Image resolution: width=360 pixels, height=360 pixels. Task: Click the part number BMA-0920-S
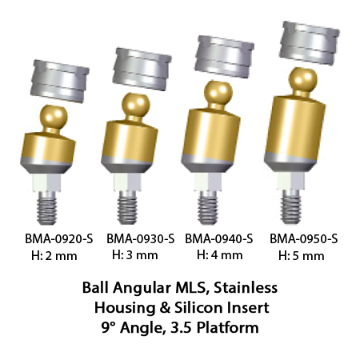tap(59, 238)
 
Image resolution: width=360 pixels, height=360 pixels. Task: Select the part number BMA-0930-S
tap(141, 238)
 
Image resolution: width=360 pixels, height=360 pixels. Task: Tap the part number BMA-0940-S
tap(219, 238)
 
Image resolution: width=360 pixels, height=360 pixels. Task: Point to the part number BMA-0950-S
tap(304, 238)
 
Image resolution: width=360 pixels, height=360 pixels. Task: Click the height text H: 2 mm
tap(54, 256)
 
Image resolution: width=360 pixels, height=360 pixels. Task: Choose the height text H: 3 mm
tap(135, 255)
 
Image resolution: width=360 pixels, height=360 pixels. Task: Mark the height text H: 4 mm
tap(220, 255)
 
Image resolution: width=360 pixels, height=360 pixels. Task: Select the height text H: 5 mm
tap(302, 256)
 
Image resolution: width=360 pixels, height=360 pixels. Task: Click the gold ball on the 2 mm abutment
tap(54, 117)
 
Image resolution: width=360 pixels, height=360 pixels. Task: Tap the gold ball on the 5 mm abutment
tap(303, 80)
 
